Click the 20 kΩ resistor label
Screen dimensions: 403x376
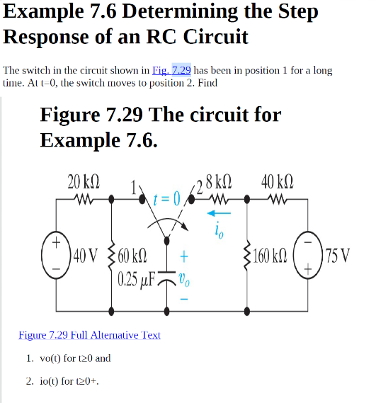coord(83,181)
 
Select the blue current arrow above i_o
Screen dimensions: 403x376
coord(218,212)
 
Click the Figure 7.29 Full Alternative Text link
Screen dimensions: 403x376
coord(89,335)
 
